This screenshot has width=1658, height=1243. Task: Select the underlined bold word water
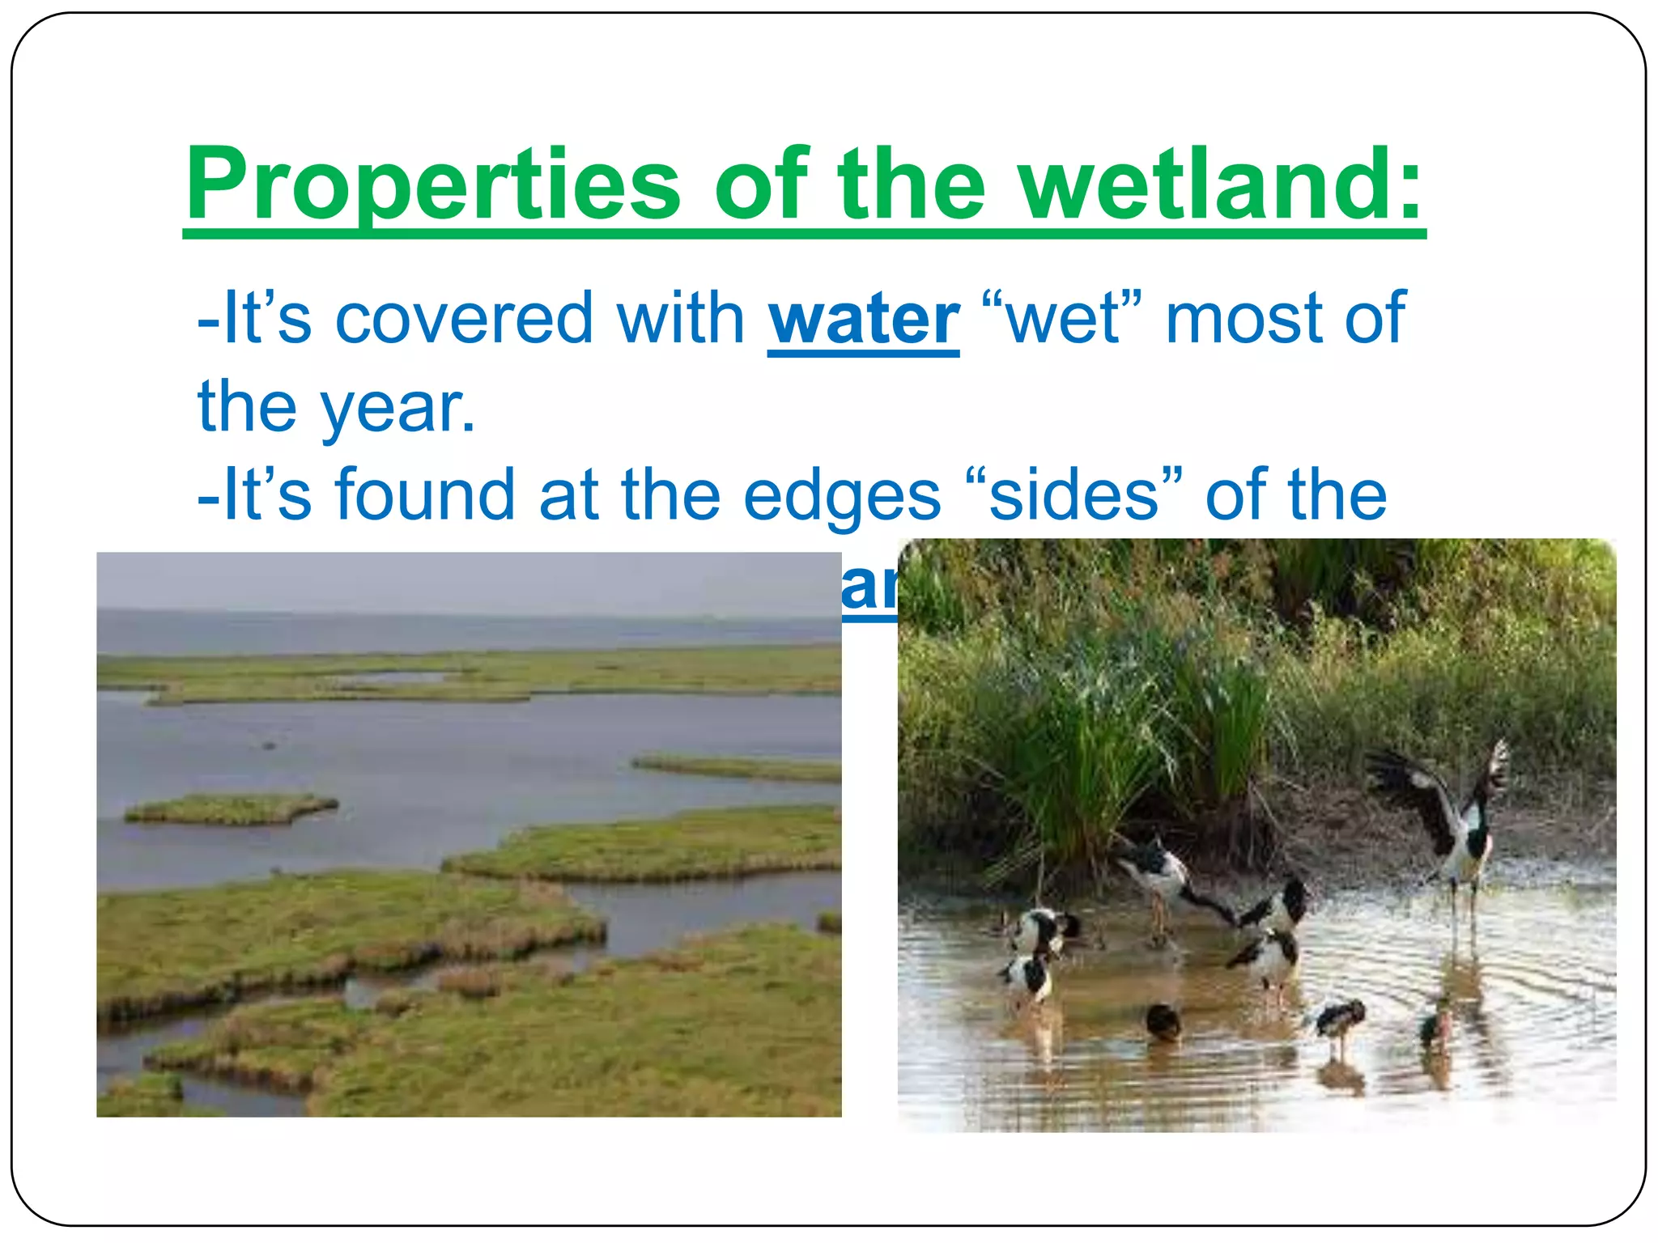pyautogui.click(x=863, y=319)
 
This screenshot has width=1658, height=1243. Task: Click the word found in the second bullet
pyautogui.click(x=425, y=494)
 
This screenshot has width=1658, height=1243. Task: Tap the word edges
pyautogui.click(x=841, y=496)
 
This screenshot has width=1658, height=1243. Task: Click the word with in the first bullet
pyautogui.click(x=680, y=319)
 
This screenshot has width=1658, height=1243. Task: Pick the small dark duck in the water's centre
pyautogui.click(x=1163, y=1021)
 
